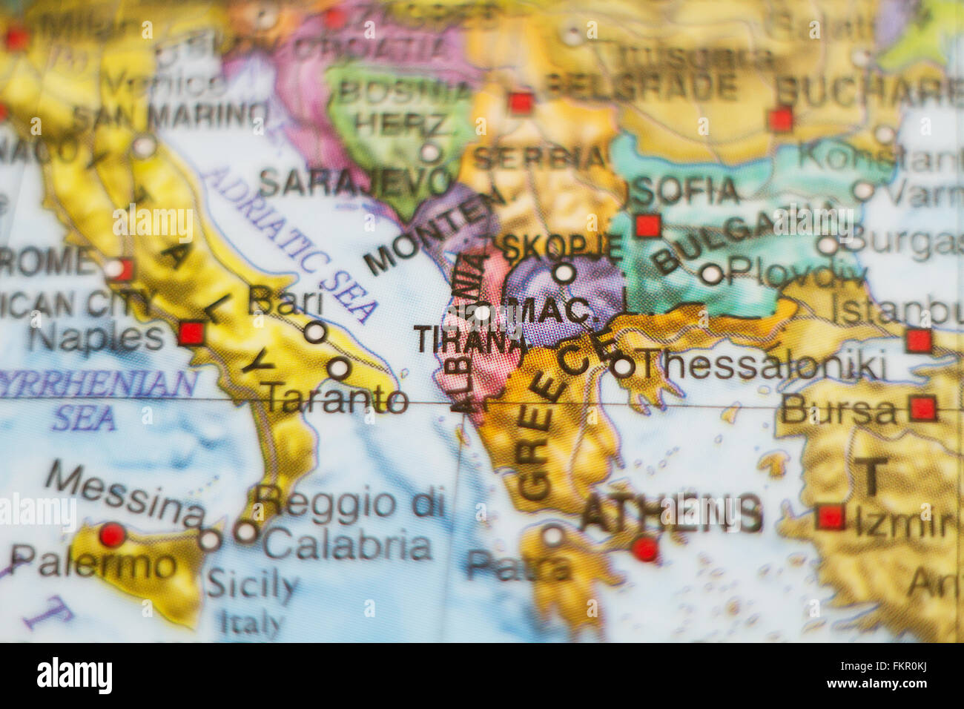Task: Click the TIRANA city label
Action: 469,340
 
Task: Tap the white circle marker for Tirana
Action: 482,313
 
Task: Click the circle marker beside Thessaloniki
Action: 624,366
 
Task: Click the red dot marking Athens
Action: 645,549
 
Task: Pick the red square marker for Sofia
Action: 648,225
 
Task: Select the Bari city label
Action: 285,302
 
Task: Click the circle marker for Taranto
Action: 339,368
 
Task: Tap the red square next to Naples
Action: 191,333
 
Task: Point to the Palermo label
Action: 93,564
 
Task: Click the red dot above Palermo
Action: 112,534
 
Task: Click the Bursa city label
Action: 838,410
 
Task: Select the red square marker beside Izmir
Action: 831,517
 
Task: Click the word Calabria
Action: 347,546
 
